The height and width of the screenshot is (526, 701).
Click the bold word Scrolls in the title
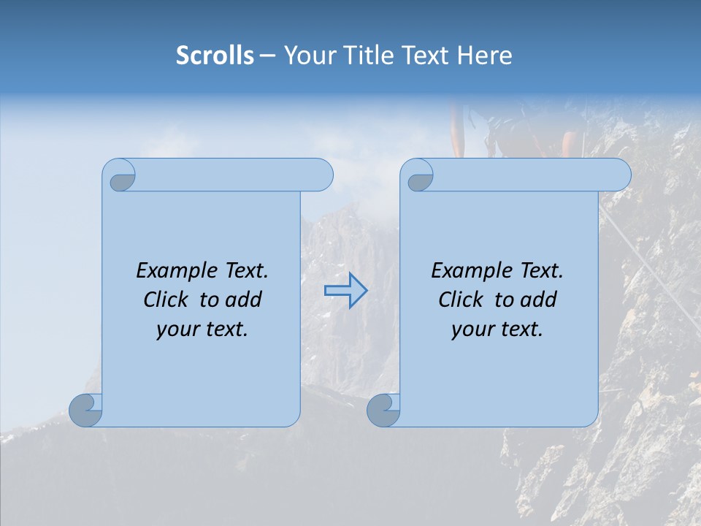coord(215,55)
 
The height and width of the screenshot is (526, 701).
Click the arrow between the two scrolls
coord(345,291)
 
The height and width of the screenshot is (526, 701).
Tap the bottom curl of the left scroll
coord(85,410)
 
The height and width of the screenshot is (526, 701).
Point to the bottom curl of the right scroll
coord(383,410)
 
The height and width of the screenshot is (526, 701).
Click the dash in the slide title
coord(267,55)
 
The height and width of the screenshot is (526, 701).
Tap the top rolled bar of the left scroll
coord(234,175)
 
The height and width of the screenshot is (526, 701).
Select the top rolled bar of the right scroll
coord(532,175)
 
